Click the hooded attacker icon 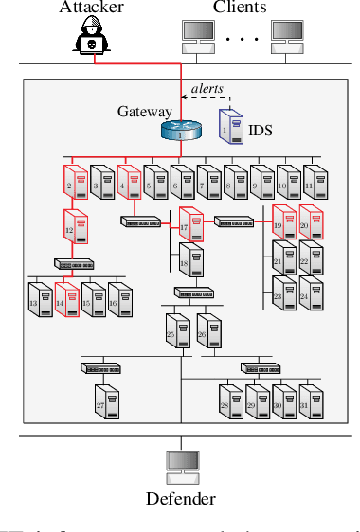[92, 42]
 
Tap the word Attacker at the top [91, 8]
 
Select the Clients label [240, 8]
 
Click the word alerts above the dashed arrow [208, 88]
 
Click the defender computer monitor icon [180, 464]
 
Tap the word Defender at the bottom [180, 500]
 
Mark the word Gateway [137, 112]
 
